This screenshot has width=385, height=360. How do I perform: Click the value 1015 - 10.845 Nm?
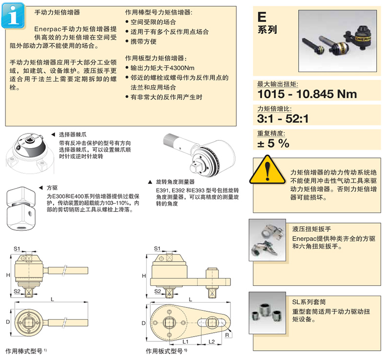point(307,94)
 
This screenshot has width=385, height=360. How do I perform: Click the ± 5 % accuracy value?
point(273,143)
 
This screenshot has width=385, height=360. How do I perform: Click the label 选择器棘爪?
point(73,134)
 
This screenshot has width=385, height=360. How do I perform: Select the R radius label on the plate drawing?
point(228,335)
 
